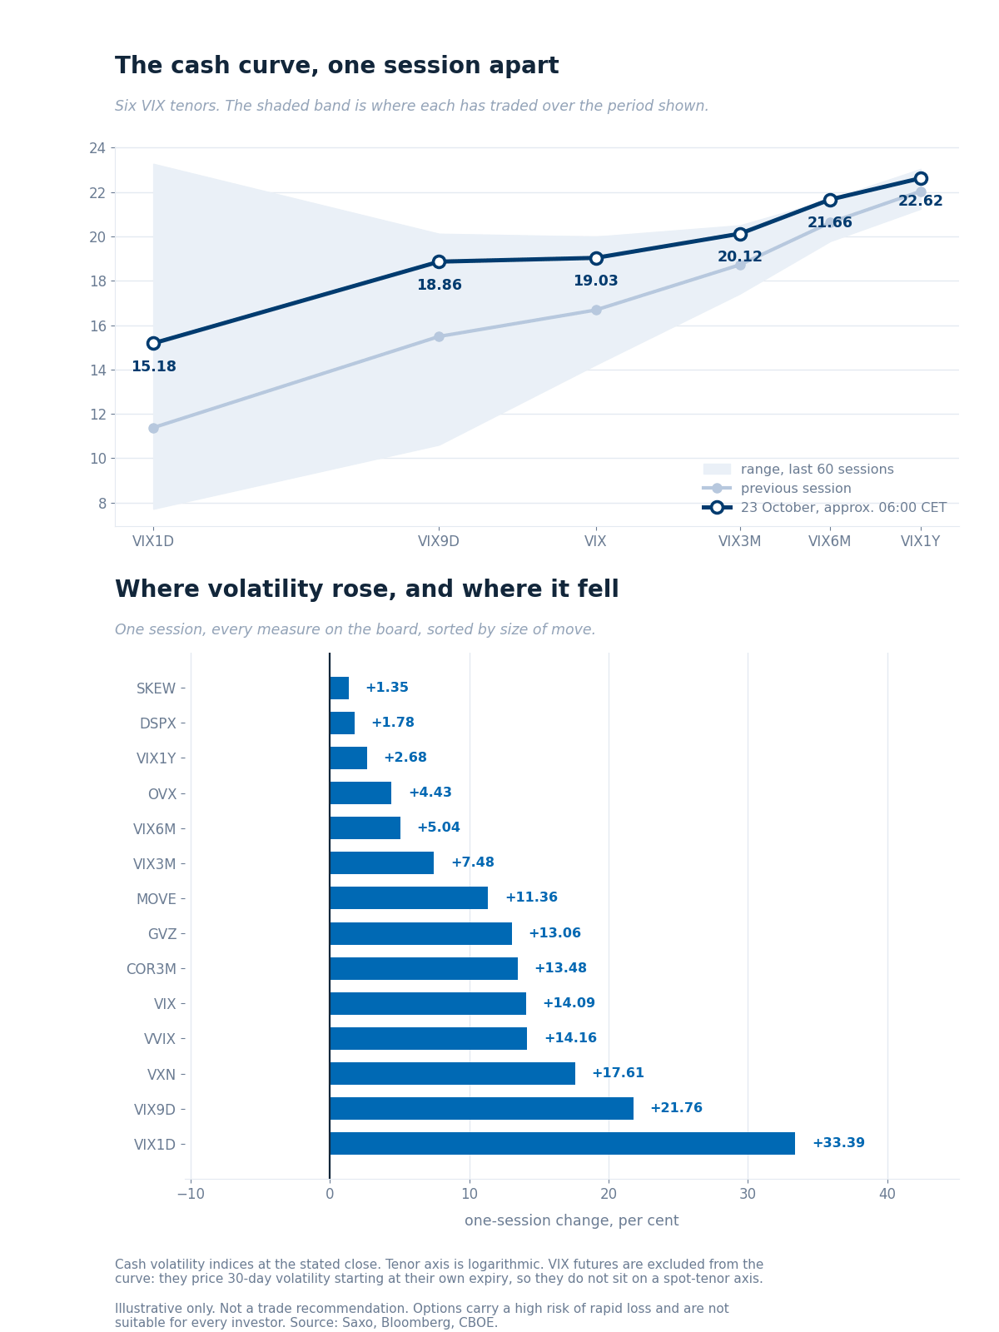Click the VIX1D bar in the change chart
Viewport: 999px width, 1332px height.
click(x=562, y=1143)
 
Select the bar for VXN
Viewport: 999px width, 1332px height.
click(x=453, y=1073)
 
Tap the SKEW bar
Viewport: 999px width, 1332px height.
click(x=339, y=688)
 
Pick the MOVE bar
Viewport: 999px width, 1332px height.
click(x=409, y=898)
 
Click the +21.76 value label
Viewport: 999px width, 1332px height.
click(x=676, y=1108)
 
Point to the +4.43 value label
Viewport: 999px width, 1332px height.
click(x=430, y=793)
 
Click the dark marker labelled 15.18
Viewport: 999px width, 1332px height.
click(x=153, y=344)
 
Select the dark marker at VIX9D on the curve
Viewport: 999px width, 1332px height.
click(x=440, y=261)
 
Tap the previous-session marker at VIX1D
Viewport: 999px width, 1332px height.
click(x=153, y=429)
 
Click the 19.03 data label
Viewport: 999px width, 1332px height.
click(x=595, y=281)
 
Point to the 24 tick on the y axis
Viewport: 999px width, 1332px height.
click(x=97, y=148)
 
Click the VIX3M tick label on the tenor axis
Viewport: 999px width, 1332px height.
click(x=739, y=541)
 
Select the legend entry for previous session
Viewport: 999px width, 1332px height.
click(x=777, y=489)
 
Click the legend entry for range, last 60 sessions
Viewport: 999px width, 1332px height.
click(x=798, y=469)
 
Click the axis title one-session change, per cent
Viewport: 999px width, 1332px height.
click(x=571, y=1221)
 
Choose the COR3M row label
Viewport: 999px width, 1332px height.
click(x=151, y=969)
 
